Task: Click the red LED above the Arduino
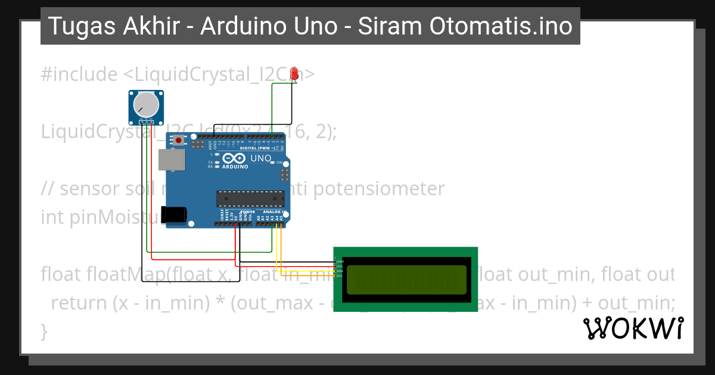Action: [294, 74]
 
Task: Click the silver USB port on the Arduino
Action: [172, 161]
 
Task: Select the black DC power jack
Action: [175, 215]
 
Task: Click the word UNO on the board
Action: [260, 158]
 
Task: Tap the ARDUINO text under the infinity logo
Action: [237, 167]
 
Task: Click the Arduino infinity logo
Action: [236, 158]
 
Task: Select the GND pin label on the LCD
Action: [340, 262]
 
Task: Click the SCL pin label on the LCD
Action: [340, 276]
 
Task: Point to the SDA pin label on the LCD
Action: [340, 271]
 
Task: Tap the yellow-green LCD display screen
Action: [406, 280]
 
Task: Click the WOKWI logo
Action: [633, 329]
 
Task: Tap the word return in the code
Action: [80, 303]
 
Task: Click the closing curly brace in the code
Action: [43, 331]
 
